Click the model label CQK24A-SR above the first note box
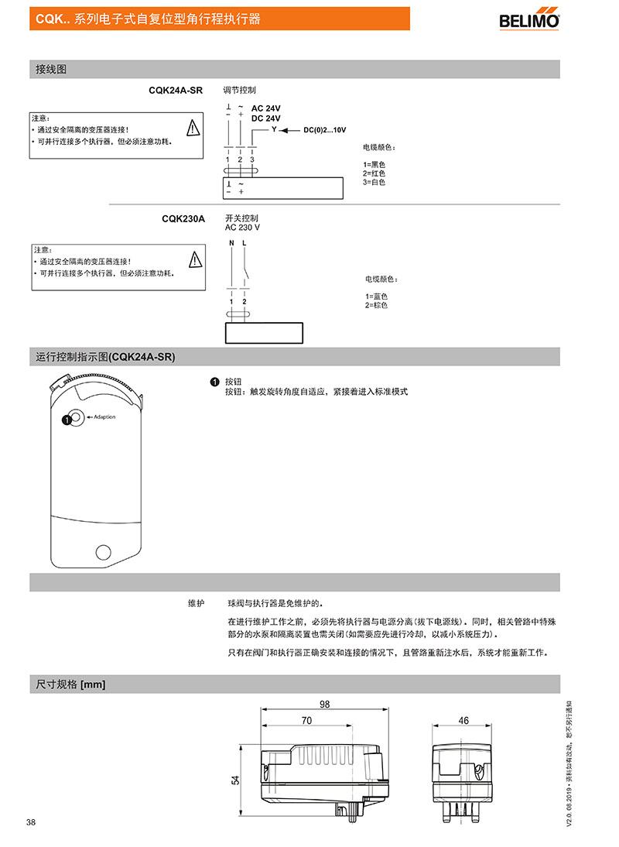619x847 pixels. pos(176,91)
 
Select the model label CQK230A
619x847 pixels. pos(183,219)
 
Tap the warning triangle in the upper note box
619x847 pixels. pos(193,128)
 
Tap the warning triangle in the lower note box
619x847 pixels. pos(195,260)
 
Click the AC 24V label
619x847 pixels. pos(265,108)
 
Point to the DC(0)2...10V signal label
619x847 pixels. pos(325,130)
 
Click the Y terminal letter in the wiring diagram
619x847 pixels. pos(274,129)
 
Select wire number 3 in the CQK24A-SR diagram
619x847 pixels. pos(252,160)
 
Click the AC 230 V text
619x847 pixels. pos(242,228)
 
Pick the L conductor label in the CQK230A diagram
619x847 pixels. pos(244,243)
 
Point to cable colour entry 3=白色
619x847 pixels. pos(374,183)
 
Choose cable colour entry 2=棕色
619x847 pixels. pos(376,305)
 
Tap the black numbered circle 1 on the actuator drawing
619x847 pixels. pos(67,419)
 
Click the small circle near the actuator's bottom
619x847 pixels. pos(103,552)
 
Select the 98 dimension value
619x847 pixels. pos(324,705)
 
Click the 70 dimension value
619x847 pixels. pos(306,721)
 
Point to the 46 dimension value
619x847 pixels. pos(463,721)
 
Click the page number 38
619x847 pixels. pos(31,822)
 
